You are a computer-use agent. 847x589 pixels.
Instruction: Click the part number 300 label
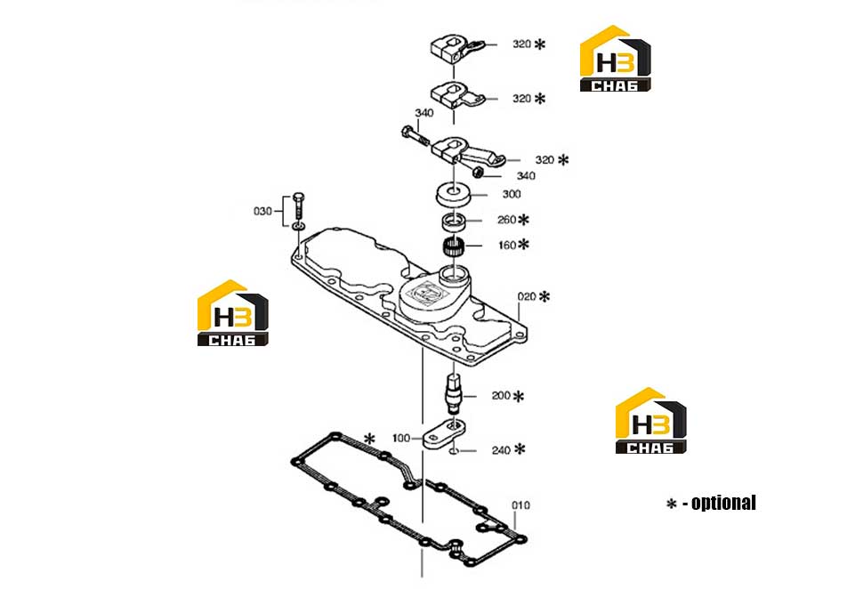[512, 194]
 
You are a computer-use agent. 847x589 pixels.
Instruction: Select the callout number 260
[507, 220]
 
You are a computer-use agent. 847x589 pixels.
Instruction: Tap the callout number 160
[507, 246]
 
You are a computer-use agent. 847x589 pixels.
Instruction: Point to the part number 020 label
[527, 296]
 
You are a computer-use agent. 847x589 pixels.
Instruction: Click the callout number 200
[501, 396]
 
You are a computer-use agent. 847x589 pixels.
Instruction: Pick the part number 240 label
[501, 449]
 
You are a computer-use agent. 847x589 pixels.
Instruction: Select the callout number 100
[401, 439]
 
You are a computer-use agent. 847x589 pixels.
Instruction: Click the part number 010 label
[520, 505]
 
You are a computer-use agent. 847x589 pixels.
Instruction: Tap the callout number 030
[262, 211]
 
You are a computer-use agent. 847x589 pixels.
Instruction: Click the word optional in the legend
[723, 503]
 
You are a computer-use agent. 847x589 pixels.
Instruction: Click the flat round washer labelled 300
[453, 195]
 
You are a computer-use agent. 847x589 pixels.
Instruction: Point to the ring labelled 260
[454, 221]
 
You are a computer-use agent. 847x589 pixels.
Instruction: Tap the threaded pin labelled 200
[453, 392]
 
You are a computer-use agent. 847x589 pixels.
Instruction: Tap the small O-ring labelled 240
[455, 450]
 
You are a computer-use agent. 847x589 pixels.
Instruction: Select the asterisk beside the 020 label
[544, 296]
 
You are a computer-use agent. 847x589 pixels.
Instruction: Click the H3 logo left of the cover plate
[233, 313]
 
